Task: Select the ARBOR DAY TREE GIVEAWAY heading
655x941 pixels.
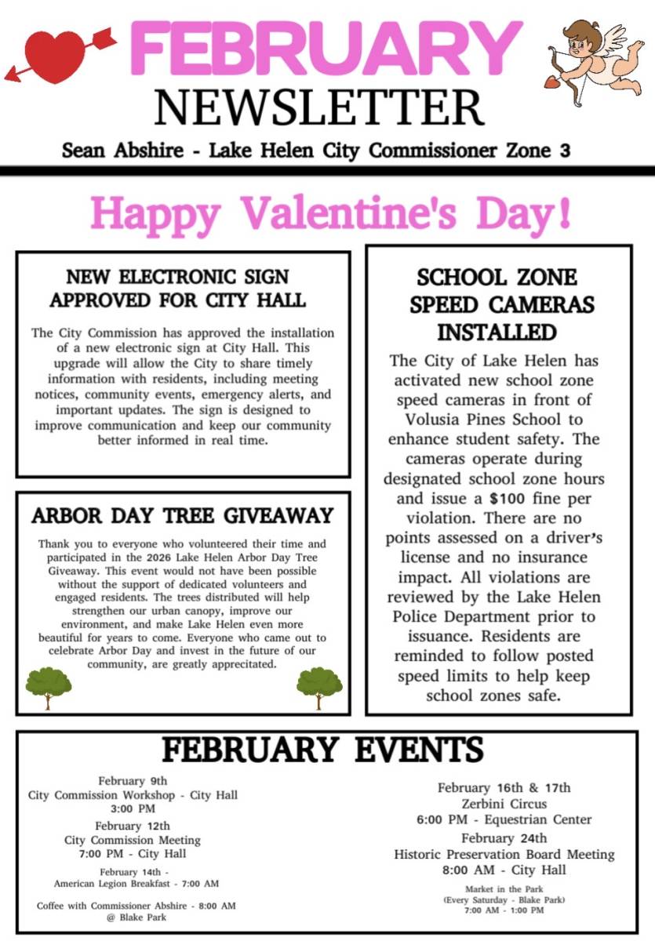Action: tap(183, 516)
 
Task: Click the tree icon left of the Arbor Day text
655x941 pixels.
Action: tap(49, 685)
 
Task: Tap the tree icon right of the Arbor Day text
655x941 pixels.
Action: tap(319, 685)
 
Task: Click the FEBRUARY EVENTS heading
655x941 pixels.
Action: tap(322, 750)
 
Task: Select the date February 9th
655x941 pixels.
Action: tap(133, 780)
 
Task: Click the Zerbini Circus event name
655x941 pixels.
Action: tap(504, 804)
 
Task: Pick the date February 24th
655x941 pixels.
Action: tap(504, 838)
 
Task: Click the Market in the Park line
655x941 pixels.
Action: tap(504, 888)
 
